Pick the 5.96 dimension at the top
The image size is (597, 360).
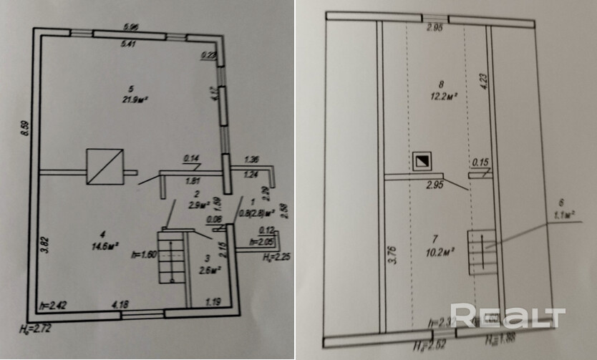click(130, 28)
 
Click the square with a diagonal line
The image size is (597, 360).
click(104, 167)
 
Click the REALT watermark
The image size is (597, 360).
click(508, 316)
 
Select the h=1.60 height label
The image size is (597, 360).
click(143, 256)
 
